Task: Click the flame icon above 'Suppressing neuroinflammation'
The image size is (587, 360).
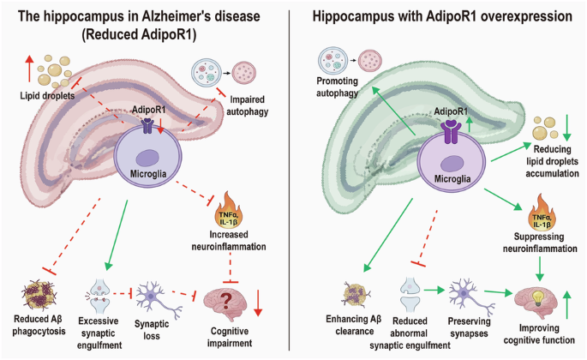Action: click(x=542, y=213)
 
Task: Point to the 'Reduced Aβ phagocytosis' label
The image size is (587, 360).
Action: click(x=39, y=325)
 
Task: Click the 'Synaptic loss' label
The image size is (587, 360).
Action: click(x=152, y=330)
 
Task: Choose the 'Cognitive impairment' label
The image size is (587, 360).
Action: click(x=229, y=337)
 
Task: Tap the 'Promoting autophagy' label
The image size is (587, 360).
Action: click(x=338, y=87)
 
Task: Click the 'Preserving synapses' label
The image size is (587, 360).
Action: click(x=469, y=327)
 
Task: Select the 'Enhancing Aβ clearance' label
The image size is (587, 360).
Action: click(x=354, y=325)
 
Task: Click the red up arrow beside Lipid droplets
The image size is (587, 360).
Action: click(x=29, y=69)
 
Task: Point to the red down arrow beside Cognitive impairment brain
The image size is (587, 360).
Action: click(x=258, y=303)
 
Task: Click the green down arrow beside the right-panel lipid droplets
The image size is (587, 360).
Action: click(x=567, y=128)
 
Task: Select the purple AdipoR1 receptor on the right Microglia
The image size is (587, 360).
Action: click(x=451, y=132)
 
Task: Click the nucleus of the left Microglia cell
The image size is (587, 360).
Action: click(x=148, y=158)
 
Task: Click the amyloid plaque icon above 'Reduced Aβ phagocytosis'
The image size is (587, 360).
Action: click(x=39, y=296)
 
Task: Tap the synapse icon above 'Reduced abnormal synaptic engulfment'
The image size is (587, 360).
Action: click(x=410, y=295)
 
